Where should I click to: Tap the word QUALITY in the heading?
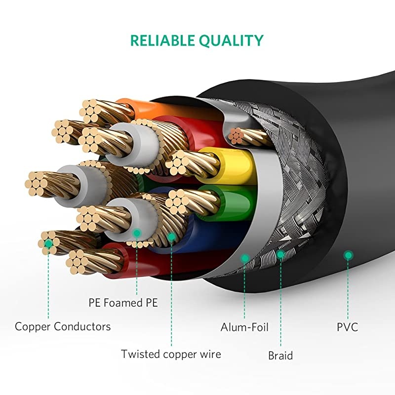(233, 40)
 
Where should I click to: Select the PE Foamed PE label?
(123, 303)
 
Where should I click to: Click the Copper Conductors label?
(63, 326)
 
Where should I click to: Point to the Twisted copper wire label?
(171, 354)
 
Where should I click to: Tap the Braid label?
(280, 355)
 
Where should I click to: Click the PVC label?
(348, 327)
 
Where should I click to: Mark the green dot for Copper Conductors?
(48, 243)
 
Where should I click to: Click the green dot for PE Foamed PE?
(137, 232)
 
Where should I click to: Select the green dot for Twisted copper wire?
(171, 237)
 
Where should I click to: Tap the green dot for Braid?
(280, 255)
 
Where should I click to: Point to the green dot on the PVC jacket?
(349, 255)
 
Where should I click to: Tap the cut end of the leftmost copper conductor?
(37, 183)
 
